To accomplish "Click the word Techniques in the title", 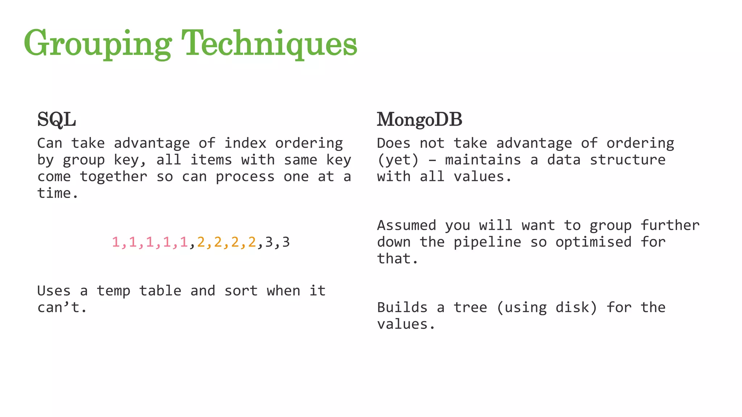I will (269, 43).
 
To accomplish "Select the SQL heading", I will (57, 119).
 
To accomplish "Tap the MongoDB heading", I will (419, 119).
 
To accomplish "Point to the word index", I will (245, 143).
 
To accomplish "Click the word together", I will (113, 177).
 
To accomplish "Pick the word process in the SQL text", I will (245, 177).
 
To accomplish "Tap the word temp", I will (113, 291).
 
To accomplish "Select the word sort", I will (241, 291).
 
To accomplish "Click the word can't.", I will (62, 308).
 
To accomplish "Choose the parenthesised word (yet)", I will (398, 160).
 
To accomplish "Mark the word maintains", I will (483, 160).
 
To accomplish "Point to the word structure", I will (628, 160).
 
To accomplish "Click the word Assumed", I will (407, 226).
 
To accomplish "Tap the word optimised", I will (593, 242).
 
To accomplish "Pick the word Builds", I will (402, 308).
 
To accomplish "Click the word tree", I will (470, 308).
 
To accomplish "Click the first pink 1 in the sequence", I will (116, 242).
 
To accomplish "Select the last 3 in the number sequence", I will (286, 242).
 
